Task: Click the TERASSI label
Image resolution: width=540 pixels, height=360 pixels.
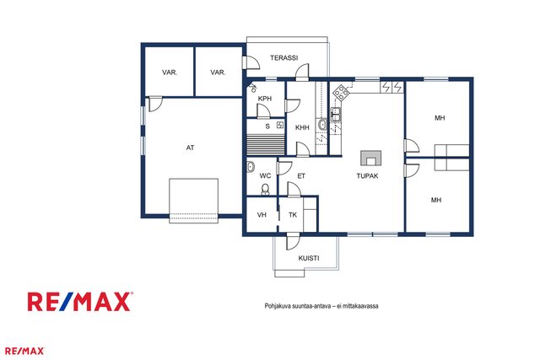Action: click(283, 58)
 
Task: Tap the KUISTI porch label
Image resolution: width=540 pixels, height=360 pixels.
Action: click(309, 258)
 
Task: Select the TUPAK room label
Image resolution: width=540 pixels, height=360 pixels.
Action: click(367, 176)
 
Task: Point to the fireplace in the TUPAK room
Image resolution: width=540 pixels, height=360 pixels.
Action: click(371, 159)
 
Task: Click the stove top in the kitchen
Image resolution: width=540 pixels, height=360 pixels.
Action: click(341, 92)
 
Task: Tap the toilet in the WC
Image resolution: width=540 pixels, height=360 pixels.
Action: click(265, 189)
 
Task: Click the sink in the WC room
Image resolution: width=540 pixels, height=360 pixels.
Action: click(251, 167)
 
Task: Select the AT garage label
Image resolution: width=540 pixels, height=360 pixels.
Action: click(190, 148)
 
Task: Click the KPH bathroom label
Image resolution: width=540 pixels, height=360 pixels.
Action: click(264, 99)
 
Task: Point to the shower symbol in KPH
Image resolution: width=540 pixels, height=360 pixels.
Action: click(253, 88)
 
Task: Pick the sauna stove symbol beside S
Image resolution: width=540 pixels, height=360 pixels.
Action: click(280, 125)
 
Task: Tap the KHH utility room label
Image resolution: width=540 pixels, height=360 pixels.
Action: click(302, 127)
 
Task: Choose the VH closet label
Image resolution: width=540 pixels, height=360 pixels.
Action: click(262, 215)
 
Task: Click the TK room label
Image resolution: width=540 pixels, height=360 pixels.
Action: click(293, 215)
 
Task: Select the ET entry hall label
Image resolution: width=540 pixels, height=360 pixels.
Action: click(301, 176)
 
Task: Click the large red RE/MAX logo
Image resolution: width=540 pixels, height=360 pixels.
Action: click(80, 302)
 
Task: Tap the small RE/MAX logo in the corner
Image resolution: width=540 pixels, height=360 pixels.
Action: click(24, 351)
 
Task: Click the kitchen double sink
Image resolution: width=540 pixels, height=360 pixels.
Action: click(336, 114)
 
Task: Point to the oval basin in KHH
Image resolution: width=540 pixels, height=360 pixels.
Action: click(322, 124)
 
